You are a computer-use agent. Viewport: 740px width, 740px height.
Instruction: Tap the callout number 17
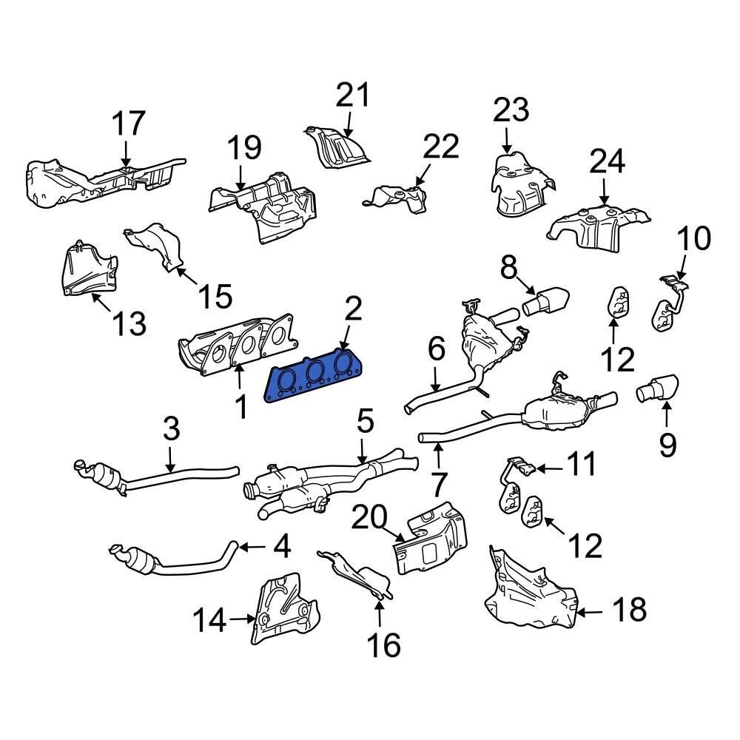(129, 124)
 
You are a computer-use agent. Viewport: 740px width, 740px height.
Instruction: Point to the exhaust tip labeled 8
(548, 300)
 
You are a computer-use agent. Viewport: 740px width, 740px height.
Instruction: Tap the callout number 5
(366, 425)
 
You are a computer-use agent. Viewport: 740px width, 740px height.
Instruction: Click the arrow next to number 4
(250, 548)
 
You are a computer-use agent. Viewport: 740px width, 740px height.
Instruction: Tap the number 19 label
(244, 148)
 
